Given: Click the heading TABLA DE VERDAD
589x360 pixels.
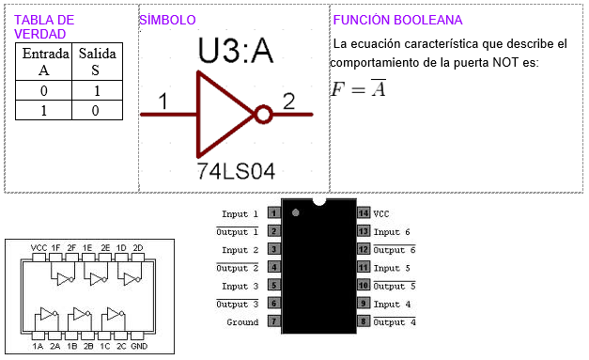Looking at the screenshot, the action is pos(43,26).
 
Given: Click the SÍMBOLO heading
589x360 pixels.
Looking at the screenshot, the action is pos(168,20).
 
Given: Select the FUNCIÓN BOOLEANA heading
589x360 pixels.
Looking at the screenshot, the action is pos(397,20).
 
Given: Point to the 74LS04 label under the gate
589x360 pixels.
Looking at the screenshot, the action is pos(236,171).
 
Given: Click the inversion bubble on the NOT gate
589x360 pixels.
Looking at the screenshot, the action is pos(263,115).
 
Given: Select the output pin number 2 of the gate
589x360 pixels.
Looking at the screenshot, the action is pos(288,101).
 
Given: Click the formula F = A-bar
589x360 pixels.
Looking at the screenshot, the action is pos(358,89).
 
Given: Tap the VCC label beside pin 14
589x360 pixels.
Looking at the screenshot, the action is pos(381,214).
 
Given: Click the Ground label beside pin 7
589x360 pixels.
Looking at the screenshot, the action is pos(242,322).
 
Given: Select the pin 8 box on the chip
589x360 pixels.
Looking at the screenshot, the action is pos(363,322).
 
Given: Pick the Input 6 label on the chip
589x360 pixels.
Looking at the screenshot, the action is pos(392,232).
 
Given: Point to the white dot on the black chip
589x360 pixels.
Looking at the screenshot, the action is pos(296,214).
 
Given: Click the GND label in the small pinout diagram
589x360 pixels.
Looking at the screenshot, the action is pos(139,346).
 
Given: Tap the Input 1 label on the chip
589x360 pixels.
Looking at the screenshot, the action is pos(240,214).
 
